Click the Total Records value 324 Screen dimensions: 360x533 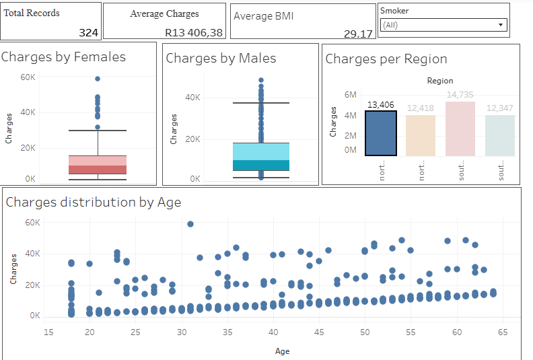pos(88,32)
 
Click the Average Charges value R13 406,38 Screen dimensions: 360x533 pos(193,32)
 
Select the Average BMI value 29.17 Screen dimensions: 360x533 pos(358,34)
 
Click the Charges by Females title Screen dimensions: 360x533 pos(63,57)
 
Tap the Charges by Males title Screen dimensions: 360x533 pos(221,59)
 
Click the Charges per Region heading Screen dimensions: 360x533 pos(386,59)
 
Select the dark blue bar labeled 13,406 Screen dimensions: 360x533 pos(381,133)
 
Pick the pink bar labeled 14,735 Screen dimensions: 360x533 pos(460,129)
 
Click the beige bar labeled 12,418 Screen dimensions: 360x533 pos(421,135)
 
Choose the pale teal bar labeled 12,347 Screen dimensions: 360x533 pos(500,135)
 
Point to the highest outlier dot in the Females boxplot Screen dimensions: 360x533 pos(98,79)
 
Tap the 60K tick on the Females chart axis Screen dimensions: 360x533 pos(28,77)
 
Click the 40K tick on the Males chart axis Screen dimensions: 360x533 pos(193,98)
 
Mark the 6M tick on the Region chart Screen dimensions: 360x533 pos(350,95)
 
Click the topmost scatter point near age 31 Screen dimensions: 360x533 pos(190,224)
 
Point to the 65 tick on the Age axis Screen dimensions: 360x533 pos(503,333)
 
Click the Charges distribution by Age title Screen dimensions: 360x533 pos(93,202)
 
